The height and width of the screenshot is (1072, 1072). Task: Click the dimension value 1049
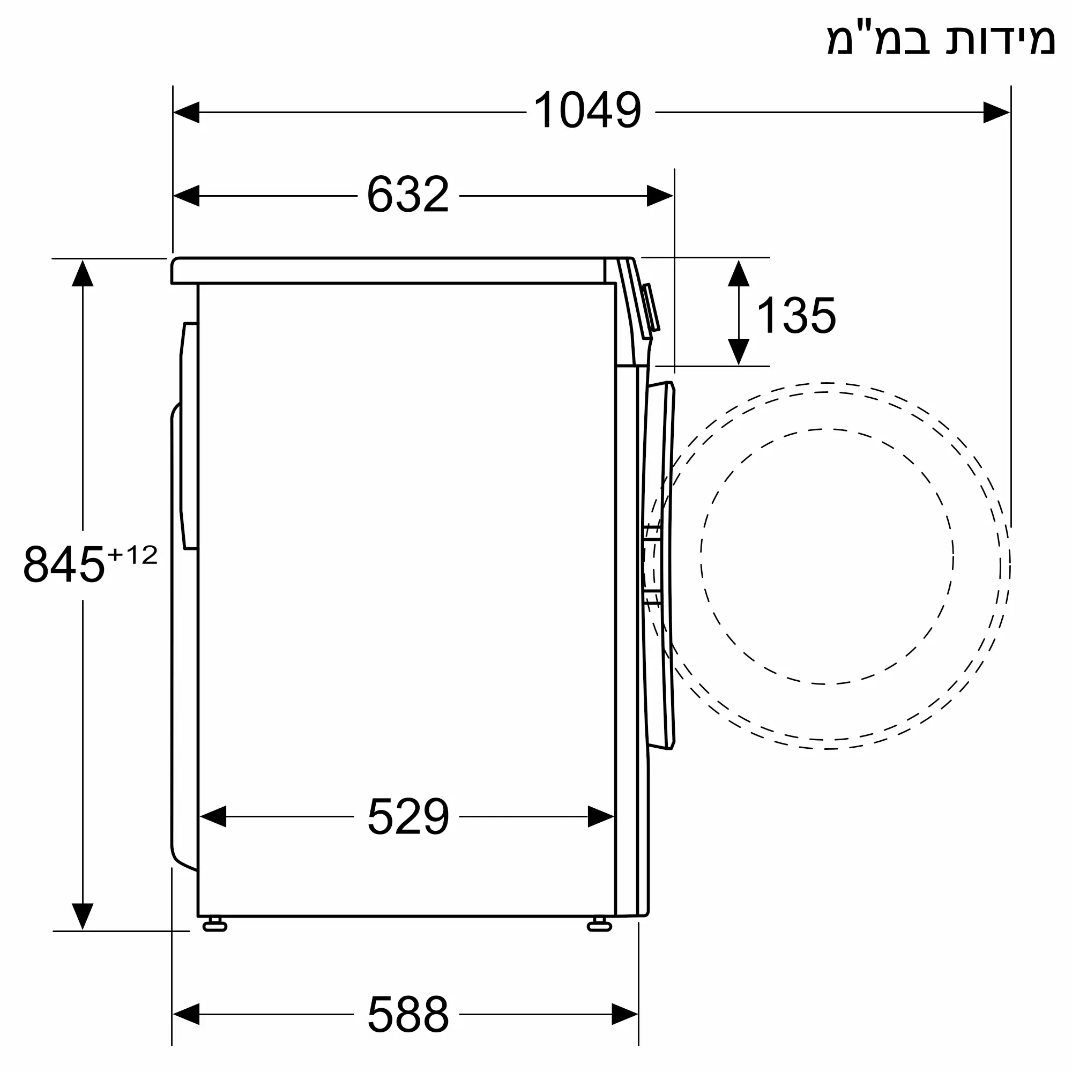click(587, 110)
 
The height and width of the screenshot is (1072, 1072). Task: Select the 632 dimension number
click(408, 194)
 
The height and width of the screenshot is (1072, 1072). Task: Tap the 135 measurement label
click(795, 315)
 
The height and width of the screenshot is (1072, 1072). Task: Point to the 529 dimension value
click(408, 816)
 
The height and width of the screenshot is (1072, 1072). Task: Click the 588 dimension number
click(408, 1014)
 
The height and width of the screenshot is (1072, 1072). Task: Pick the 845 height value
click(64, 564)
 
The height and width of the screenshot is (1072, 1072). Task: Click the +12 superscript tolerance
click(132, 555)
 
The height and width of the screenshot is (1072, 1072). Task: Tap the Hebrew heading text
click(941, 39)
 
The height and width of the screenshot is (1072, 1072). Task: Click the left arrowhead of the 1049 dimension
click(187, 112)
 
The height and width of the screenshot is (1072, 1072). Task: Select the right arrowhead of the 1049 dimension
click(996, 112)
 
